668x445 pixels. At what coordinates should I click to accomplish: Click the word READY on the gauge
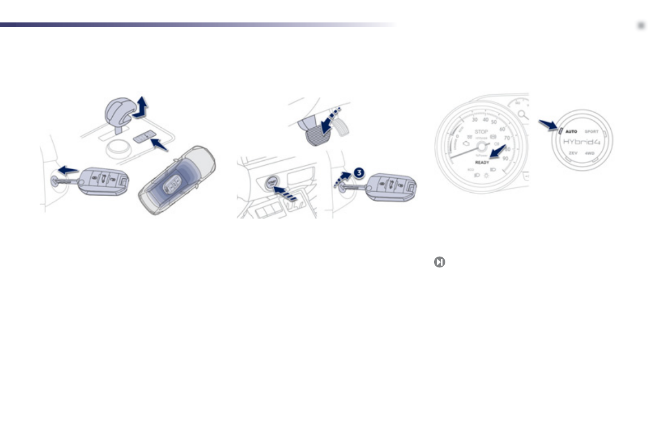click(482, 163)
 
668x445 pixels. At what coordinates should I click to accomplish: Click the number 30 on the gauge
click(474, 119)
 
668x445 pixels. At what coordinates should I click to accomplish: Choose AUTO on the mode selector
click(570, 132)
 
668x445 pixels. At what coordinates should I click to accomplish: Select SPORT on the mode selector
click(592, 132)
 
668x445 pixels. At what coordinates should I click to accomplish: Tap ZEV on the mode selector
click(572, 152)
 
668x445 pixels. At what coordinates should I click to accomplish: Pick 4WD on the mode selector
click(590, 152)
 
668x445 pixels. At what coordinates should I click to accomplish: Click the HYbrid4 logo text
click(582, 142)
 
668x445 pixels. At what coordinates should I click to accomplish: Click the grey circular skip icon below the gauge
click(439, 262)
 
